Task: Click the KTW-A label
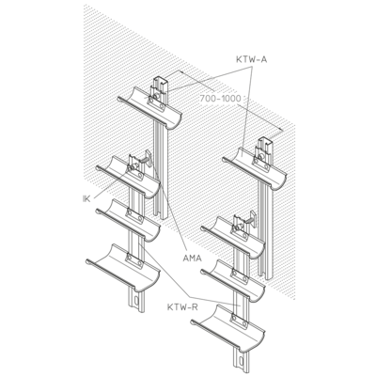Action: coord(252,59)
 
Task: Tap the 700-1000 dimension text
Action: coord(221,99)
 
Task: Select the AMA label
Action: coord(192,258)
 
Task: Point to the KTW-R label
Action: coord(182,307)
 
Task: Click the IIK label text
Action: coord(86,198)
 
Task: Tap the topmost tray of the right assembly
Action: coord(254,168)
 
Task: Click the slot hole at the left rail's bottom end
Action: coord(135,300)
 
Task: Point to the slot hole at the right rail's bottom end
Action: coord(241,362)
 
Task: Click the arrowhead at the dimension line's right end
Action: coord(281,130)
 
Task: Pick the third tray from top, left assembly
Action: coord(128,220)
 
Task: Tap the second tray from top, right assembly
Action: coord(233,237)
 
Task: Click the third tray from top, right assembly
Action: coord(233,281)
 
